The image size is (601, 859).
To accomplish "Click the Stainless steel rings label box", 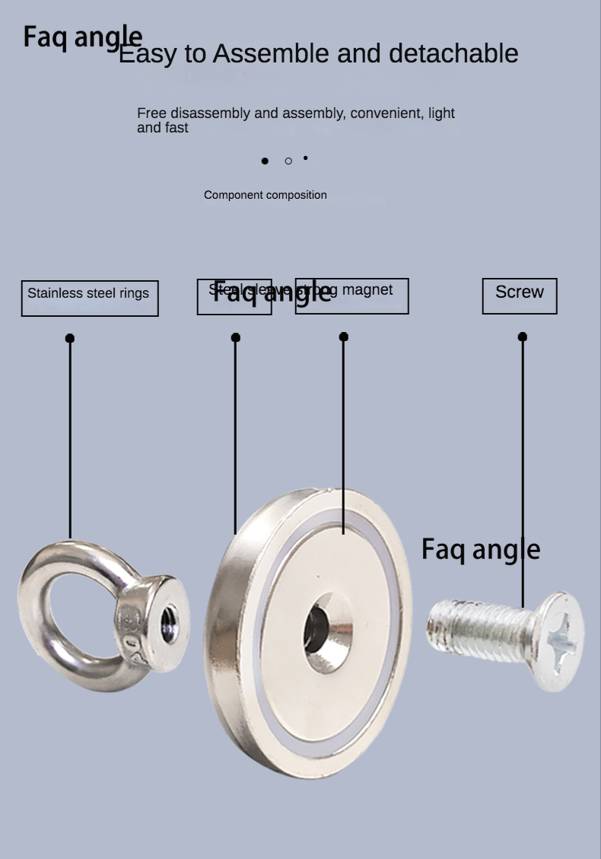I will [x=90, y=298].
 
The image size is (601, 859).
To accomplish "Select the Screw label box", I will [x=520, y=295].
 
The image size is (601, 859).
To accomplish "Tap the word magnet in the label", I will [x=367, y=289].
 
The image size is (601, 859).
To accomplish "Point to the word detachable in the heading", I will [x=453, y=53].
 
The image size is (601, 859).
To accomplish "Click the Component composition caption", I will [x=266, y=195].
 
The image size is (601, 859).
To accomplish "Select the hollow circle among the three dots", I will [x=288, y=161].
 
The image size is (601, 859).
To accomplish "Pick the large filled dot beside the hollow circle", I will [x=265, y=161].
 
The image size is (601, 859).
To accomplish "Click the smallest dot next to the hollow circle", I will [x=306, y=158].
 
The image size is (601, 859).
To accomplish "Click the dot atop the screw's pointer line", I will [x=523, y=337].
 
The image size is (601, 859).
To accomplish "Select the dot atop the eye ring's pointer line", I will [x=70, y=338].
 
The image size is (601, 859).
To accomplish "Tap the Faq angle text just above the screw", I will [x=481, y=549].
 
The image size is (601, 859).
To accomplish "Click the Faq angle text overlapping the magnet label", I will [x=272, y=292].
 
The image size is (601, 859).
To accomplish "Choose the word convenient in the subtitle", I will [x=388, y=113].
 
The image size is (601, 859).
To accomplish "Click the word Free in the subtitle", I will [x=151, y=113].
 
